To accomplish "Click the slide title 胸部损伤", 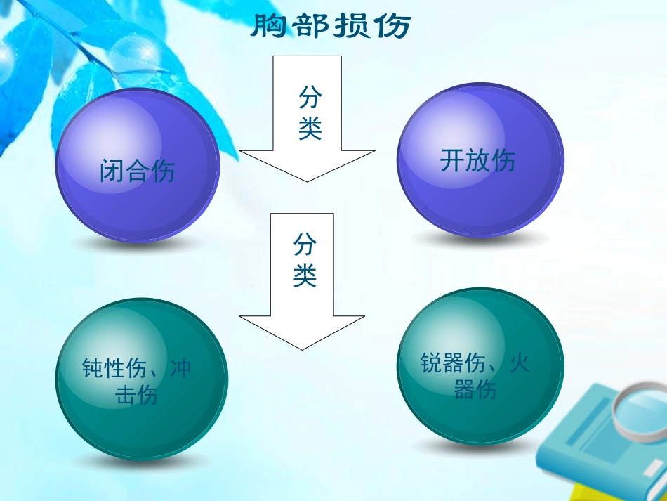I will coord(330,27).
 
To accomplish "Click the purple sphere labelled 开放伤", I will coord(480,160).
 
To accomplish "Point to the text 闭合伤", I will coord(138,171).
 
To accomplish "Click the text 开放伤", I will coord(477,161).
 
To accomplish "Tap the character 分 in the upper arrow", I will coord(310,97).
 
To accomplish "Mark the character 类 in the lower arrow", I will coord(305,275).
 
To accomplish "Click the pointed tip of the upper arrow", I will coord(307,180).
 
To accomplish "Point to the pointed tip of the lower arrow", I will coord(302,348).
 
